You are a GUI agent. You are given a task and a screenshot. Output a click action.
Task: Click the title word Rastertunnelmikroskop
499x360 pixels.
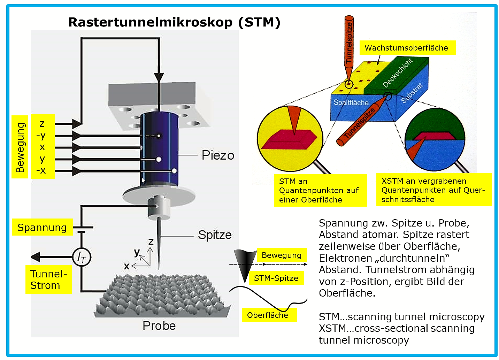(x=151, y=22)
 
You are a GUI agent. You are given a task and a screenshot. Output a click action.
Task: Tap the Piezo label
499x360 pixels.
(x=218, y=155)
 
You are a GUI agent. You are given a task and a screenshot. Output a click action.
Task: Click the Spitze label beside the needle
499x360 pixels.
(x=215, y=235)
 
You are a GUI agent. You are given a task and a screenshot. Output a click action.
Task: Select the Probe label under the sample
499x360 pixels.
(x=159, y=326)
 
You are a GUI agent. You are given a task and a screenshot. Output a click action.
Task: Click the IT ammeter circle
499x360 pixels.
(x=82, y=257)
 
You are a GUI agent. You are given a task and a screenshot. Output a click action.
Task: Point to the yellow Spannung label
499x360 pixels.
(x=42, y=227)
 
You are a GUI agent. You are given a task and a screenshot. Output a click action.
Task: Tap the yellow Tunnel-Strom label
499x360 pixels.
(x=48, y=279)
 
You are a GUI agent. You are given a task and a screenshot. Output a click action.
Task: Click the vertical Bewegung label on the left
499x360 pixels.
(x=20, y=147)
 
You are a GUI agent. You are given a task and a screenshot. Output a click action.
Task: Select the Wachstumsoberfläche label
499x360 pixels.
(x=408, y=48)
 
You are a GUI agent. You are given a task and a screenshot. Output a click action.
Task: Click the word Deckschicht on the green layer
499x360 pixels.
(x=397, y=72)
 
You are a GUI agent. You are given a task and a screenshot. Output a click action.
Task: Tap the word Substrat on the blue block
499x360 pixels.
(x=412, y=93)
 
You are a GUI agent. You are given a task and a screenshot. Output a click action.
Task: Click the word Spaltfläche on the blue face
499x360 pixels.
(x=351, y=102)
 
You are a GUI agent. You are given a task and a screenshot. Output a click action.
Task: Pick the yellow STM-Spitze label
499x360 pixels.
(x=276, y=278)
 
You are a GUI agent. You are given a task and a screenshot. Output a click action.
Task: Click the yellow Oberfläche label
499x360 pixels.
(x=270, y=315)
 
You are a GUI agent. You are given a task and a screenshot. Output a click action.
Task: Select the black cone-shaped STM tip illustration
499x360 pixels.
(x=245, y=266)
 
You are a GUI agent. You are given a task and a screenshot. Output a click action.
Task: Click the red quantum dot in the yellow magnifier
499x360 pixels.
(x=289, y=140)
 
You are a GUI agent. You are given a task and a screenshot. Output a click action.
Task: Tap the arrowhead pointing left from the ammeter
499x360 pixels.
(x=36, y=257)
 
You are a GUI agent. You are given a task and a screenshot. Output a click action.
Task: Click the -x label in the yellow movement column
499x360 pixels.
(x=41, y=170)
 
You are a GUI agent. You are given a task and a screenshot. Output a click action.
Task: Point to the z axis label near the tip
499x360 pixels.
(x=151, y=242)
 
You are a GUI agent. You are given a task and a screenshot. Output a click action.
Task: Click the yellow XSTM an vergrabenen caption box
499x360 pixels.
(x=434, y=190)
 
